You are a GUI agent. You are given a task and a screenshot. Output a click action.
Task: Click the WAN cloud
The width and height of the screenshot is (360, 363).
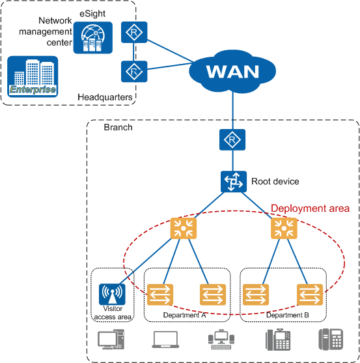[232, 71]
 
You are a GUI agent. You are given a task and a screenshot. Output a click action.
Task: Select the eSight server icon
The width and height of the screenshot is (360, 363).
[93, 38]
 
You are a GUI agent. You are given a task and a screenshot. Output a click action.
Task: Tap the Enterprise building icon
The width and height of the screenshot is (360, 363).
[33, 76]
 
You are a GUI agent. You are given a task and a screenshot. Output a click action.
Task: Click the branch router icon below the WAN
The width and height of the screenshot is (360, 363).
[232, 139]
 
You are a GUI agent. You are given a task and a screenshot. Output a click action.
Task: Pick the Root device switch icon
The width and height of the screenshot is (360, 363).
[234, 181]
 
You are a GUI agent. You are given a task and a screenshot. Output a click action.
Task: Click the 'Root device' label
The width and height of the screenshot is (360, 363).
[275, 181]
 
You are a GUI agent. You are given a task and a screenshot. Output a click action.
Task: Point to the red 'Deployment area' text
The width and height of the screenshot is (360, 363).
[310, 209]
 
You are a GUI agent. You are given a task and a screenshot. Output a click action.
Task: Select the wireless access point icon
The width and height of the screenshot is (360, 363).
[112, 294]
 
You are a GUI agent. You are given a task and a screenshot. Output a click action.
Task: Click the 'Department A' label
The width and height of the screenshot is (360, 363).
[184, 315]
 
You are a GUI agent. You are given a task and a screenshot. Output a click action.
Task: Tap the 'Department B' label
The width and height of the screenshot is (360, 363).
[287, 315]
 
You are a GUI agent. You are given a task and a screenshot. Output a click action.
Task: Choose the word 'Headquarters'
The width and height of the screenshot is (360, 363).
[105, 97]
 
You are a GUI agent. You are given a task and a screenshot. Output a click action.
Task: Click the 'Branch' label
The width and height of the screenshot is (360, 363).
[118, 127]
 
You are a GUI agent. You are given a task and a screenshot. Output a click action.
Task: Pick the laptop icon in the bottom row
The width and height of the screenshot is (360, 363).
[165, 340]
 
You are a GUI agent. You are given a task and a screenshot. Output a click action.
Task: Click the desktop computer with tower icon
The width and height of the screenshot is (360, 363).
[111, 340]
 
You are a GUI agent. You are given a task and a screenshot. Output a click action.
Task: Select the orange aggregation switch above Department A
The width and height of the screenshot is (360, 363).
[184, 228]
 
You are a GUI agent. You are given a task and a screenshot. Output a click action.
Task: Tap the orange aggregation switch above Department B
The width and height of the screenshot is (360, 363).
[284, 228]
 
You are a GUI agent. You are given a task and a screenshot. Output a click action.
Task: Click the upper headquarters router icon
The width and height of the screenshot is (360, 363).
[134, 32]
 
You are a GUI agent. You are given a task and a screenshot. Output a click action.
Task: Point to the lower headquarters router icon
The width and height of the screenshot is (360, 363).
[134, 71]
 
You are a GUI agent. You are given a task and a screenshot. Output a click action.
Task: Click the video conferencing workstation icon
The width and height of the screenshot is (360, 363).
[221, 340]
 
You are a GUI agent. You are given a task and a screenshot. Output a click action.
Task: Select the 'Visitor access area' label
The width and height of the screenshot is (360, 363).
[113, 313]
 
